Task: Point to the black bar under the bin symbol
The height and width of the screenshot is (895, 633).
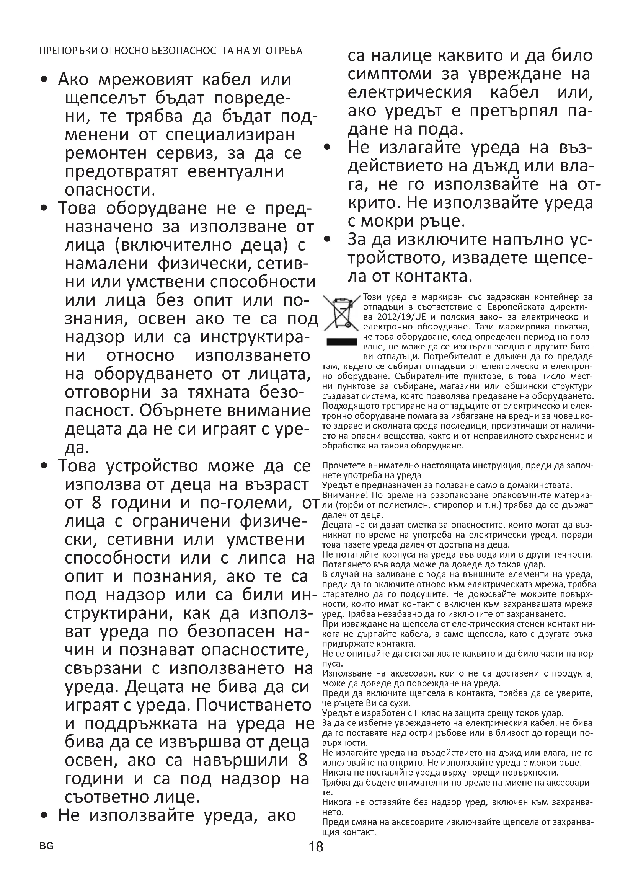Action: pos(342,342)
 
